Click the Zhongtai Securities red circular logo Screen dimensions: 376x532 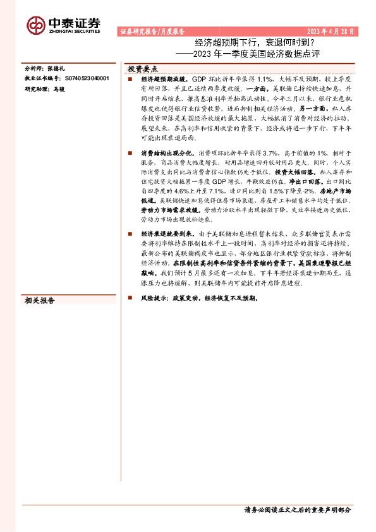[x=35, y=25]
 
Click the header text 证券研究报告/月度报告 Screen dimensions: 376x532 [x=152, y=31]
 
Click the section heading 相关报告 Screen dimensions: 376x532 [x=39, y=301]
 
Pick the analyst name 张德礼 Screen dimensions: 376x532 [x=56, y=68]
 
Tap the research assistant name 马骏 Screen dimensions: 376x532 [x=59, y=89]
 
